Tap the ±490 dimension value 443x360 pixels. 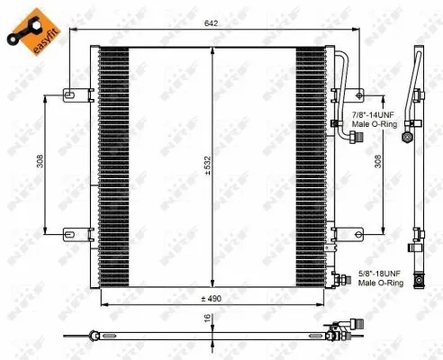211,299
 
